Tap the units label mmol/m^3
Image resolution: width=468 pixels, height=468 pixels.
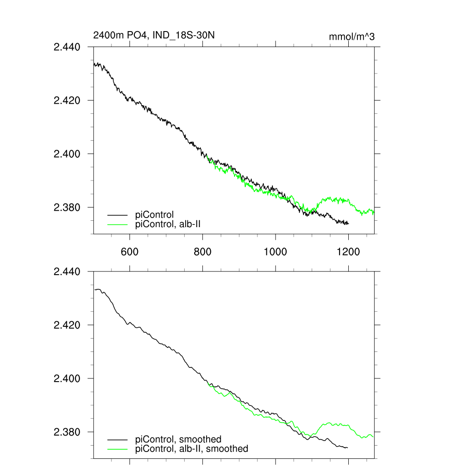click(351, 37)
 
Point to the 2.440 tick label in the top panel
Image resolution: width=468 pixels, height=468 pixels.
click(67, 47)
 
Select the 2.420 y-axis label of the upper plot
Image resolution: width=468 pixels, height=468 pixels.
click(67, 100)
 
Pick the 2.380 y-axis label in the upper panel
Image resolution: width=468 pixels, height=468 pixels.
click(67, 207)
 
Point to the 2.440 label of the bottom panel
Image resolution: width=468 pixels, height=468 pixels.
click(67, 271)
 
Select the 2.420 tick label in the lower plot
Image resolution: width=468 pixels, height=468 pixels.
click(67, 325)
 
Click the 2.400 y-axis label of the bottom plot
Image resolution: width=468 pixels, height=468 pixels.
click(67, 378)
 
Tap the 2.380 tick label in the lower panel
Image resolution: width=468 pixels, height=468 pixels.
click(67, 432)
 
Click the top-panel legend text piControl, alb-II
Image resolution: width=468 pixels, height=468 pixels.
click(175, 224)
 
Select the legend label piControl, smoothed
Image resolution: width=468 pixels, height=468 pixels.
click(178, 440)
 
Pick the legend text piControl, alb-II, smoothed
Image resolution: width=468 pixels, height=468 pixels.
click(192, 449)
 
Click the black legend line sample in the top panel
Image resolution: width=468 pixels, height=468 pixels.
click(117, 214)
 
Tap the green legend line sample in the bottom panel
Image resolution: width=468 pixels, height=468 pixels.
click(117, 449)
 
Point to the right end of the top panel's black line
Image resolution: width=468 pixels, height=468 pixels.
click(348, 223)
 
